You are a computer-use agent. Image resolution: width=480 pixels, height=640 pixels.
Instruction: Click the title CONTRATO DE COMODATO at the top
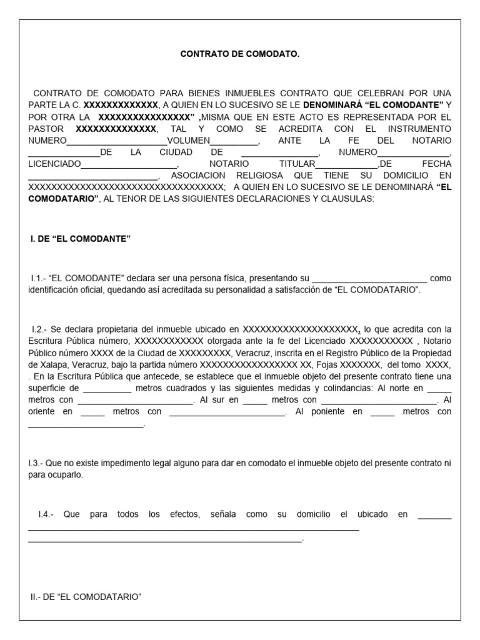240,55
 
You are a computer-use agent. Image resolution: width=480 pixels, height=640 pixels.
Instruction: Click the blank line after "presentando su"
369,278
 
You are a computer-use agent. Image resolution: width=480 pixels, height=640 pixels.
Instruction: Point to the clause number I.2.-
40,328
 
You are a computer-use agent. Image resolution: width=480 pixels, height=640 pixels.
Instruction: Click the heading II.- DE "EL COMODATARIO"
86,597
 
